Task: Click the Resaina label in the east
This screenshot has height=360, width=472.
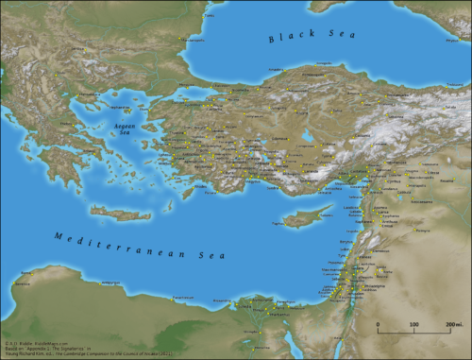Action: [444, 175]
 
